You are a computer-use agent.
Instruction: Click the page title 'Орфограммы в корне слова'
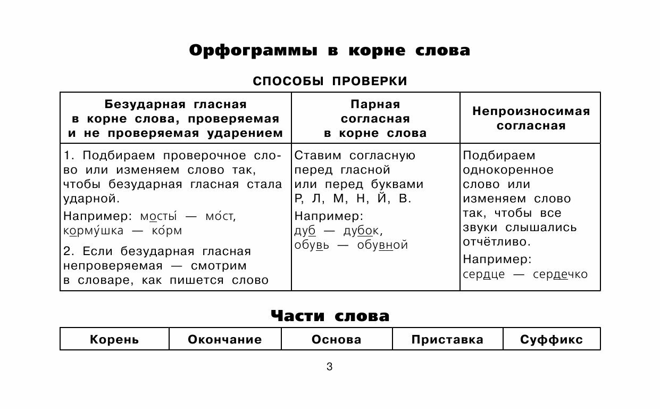click(x=330, y=51)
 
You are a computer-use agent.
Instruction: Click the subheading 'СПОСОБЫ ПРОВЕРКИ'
click(x=330, y=81)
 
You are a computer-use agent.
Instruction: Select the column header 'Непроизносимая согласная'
click(x=531, y=118)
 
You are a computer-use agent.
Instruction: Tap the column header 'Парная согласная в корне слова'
click(x=375, y=118)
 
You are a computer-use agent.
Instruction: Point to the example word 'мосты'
click(x=158, y=217)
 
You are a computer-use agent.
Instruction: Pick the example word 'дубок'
click(x=362, y=231)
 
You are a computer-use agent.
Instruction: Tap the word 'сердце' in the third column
click(x=483, y=274)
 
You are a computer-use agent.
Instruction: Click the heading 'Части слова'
click(x=330, y=316)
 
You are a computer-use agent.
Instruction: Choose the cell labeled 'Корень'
click(x=114, y=339)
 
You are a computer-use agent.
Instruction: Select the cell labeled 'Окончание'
click(x=225, y=339)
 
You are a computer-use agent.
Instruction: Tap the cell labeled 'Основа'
click(x=337, y=339)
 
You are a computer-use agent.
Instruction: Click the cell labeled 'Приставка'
click(x=447, y=339)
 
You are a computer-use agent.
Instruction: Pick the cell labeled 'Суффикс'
click(x=551, y=339)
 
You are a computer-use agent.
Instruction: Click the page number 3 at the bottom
click(x=329, y=367)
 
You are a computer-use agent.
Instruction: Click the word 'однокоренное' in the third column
click(x=508, y=170)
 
